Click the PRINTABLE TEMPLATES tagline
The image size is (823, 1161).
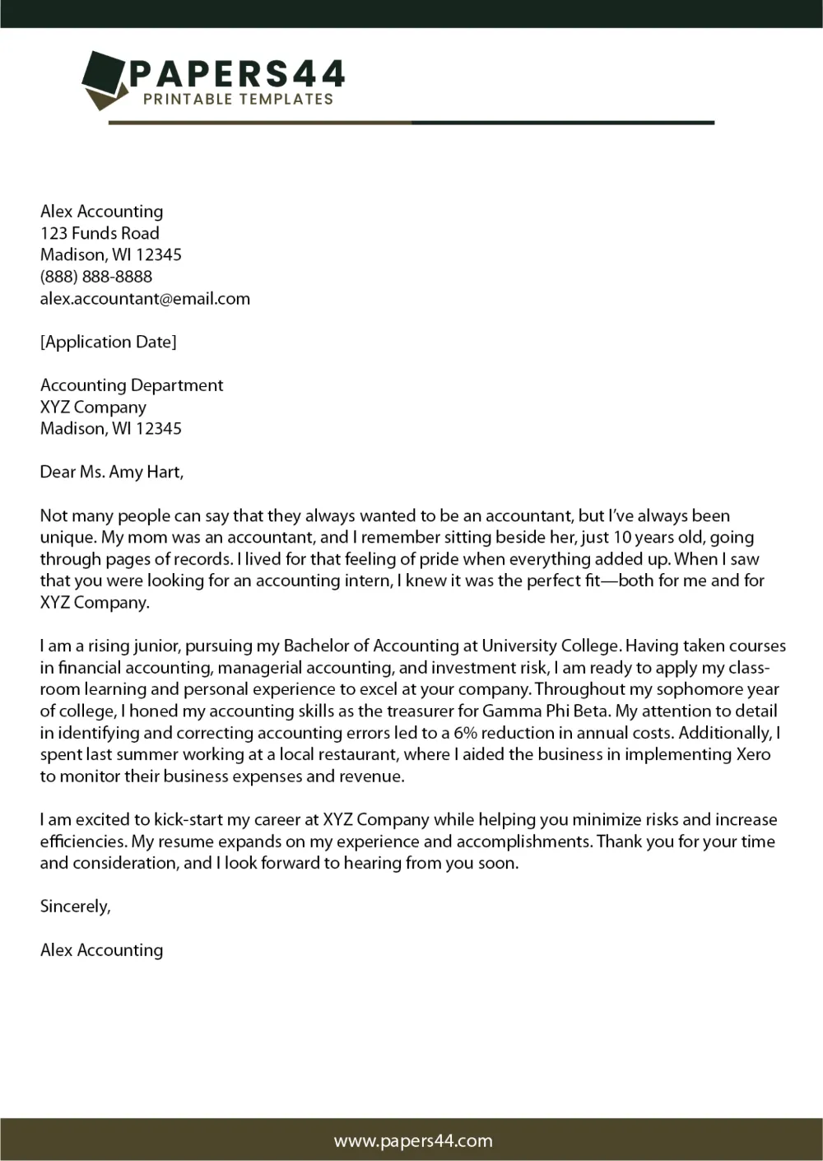click(238, 100)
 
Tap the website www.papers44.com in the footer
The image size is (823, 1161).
click(412, 1140)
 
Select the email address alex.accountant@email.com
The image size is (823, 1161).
click(145, 299)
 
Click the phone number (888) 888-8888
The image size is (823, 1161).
click(96, 277)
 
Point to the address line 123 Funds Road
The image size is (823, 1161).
click(100, 233)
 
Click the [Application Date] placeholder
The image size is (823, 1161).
click(108, 342)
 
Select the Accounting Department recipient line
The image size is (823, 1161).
click(132, 385)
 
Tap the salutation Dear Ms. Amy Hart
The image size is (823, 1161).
click(112, 472)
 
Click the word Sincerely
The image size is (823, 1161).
click(75, 907)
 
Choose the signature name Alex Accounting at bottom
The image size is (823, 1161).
click(101, 950)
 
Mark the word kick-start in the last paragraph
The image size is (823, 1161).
click(189, 820)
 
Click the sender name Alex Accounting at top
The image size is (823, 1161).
click(101, 212)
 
